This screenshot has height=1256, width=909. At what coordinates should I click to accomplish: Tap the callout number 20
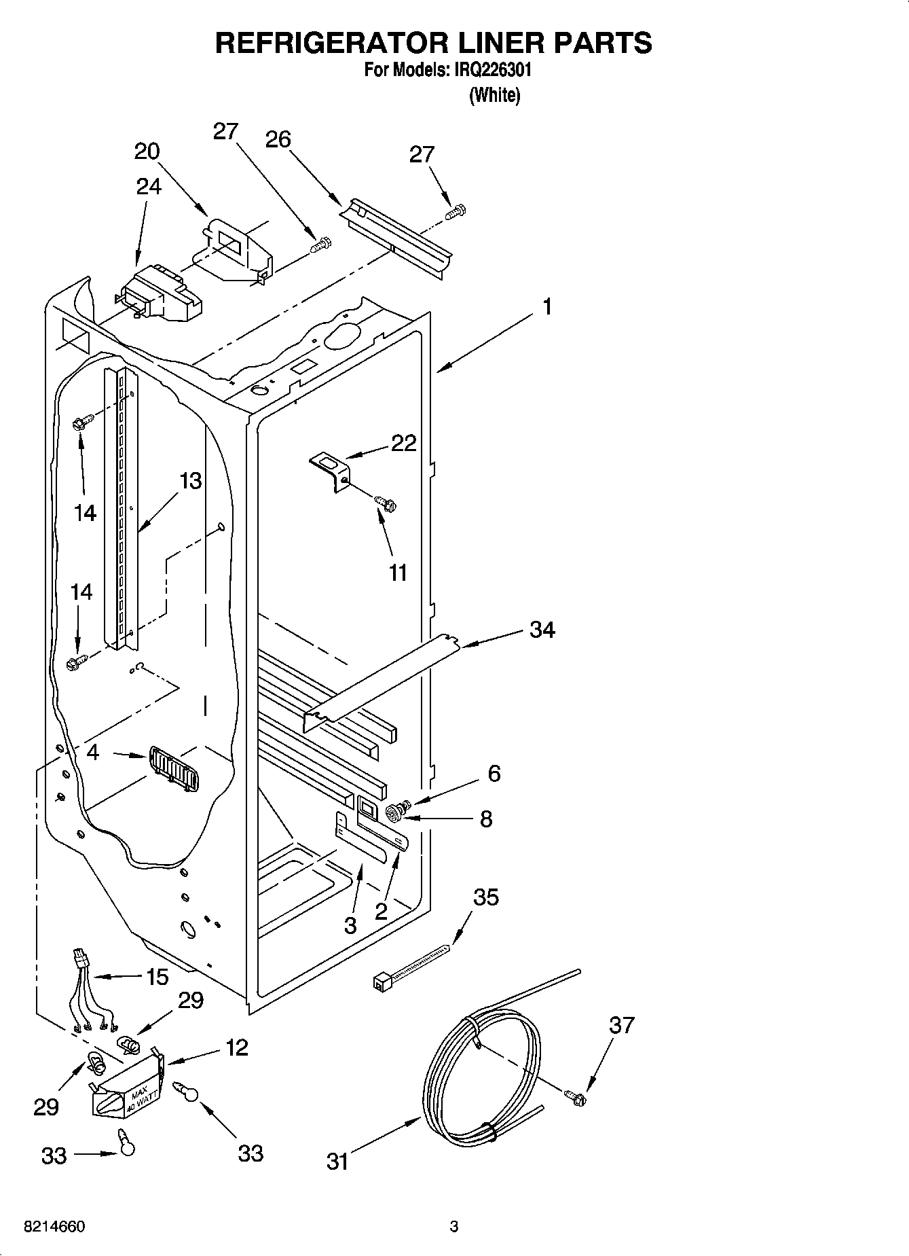coord(147,151)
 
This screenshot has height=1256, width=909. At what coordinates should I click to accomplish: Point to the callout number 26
coord(278,139)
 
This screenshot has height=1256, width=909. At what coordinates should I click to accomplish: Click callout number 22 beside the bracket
coord(403,443)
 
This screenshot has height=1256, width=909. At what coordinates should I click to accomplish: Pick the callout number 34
coord(542,630)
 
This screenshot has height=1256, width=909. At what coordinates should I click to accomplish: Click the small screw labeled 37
coord(576,1096)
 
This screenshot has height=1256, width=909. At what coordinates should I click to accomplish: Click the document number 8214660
coord(54,1227)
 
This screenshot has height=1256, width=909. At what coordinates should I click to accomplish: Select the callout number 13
coord(191,481)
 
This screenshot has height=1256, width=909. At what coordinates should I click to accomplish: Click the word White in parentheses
coord(495,95)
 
